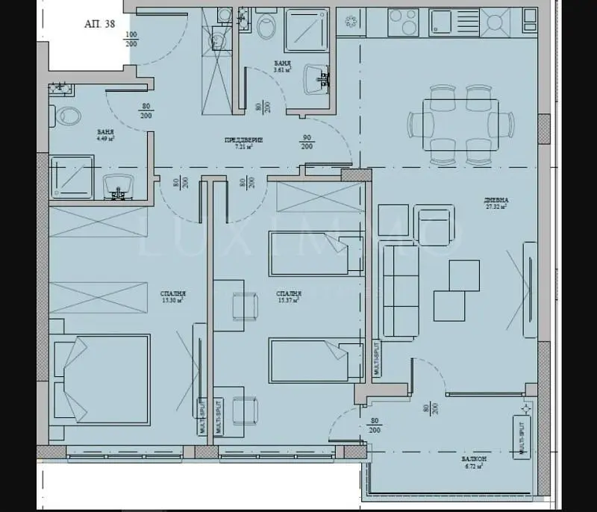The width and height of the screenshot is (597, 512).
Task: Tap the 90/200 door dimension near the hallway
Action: point(306,142)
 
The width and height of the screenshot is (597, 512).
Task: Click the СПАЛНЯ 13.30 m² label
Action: point(172,297)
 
